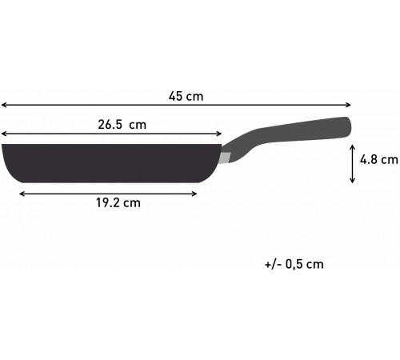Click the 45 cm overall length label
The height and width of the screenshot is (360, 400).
click(186, 97)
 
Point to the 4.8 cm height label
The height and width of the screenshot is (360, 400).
click(378, 160)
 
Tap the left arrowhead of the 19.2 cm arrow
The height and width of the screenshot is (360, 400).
click(21, 192)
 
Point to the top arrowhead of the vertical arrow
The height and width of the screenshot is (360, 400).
click(352, 144)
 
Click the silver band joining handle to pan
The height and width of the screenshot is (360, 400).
click(226, 155)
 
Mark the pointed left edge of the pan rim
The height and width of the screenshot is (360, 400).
click(4, 146)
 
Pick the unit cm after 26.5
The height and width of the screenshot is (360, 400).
click(138, 125)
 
